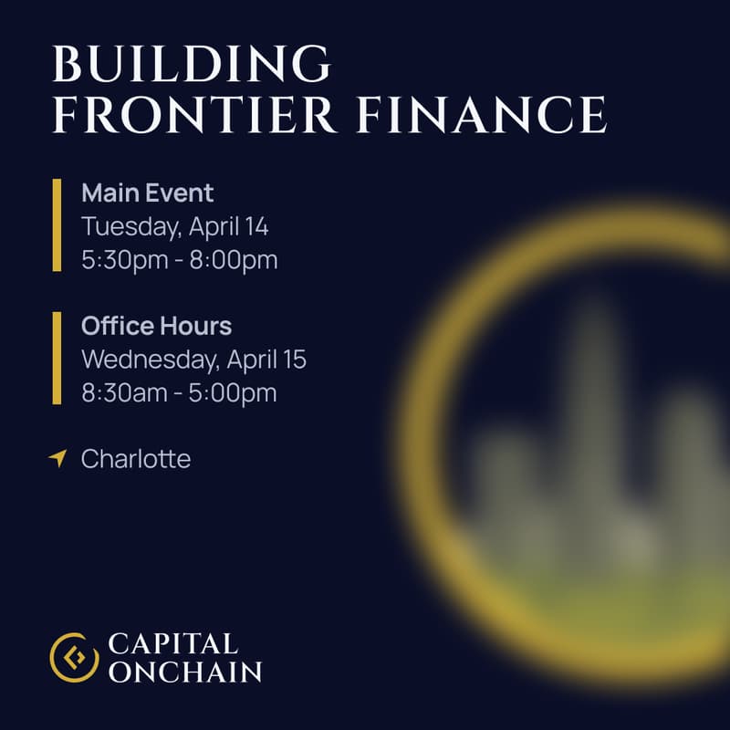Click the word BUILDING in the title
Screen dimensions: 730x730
191,65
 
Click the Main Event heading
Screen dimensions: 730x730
147,193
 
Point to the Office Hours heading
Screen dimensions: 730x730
156,326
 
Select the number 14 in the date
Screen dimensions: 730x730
256,226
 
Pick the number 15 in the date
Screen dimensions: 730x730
294,360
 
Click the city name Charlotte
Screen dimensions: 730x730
136,459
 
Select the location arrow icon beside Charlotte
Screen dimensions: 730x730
58,458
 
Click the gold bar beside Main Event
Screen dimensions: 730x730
57,225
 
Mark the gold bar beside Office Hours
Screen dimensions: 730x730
57,359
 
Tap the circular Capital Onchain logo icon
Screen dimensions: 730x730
74,657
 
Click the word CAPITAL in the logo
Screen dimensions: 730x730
172,643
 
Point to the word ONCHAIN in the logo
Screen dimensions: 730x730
184,673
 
